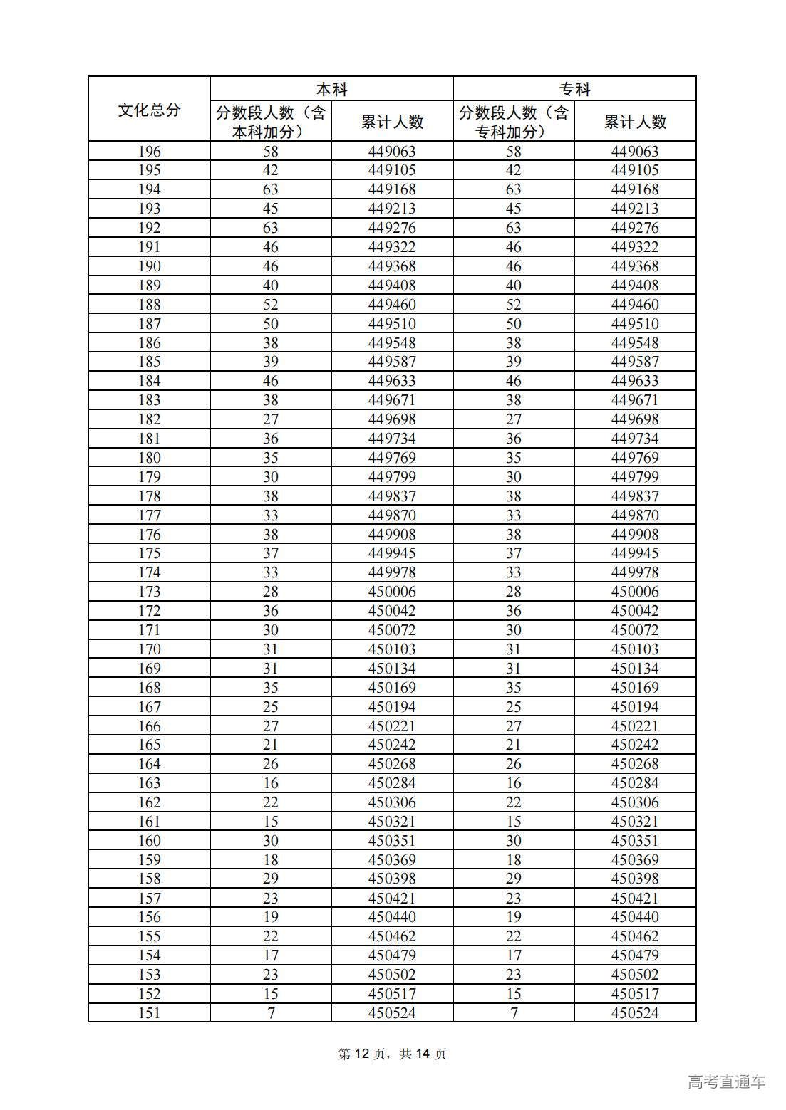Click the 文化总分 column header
point(149,110)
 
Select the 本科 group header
point(331,89)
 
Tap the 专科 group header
point(574,89)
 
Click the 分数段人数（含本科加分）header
point(271,122)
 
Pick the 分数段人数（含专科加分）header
point(513,122)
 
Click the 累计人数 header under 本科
point(392,122)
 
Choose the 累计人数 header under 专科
point(635,122)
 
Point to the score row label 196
point(149,151)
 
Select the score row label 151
point(149,1013)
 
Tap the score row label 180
point(149,458)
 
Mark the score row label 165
point(149,745)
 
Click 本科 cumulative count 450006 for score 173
point(392,592)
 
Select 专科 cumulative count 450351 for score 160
point(635,841)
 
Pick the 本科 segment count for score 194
point(271,189)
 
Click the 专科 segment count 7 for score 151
point(513,1013)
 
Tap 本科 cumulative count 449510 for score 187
point(392,323)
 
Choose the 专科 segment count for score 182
point(513,419)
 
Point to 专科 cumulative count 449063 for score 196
point(635,151)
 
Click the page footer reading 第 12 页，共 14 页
point(392,1054)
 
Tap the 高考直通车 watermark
point(727,1082)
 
